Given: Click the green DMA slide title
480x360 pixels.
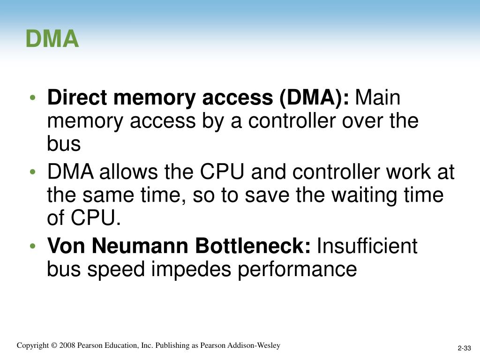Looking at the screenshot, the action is click(52, 39).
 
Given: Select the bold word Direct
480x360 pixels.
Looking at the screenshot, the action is click(78, 98).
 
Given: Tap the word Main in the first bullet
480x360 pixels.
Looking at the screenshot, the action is click(379, 98).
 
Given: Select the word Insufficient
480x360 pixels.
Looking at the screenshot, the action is click(367, 246).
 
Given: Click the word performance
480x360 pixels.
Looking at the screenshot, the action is click(297, 269).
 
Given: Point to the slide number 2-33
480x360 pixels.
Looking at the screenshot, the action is click(465, 348).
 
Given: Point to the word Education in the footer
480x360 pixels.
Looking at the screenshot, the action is click(124, 345).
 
